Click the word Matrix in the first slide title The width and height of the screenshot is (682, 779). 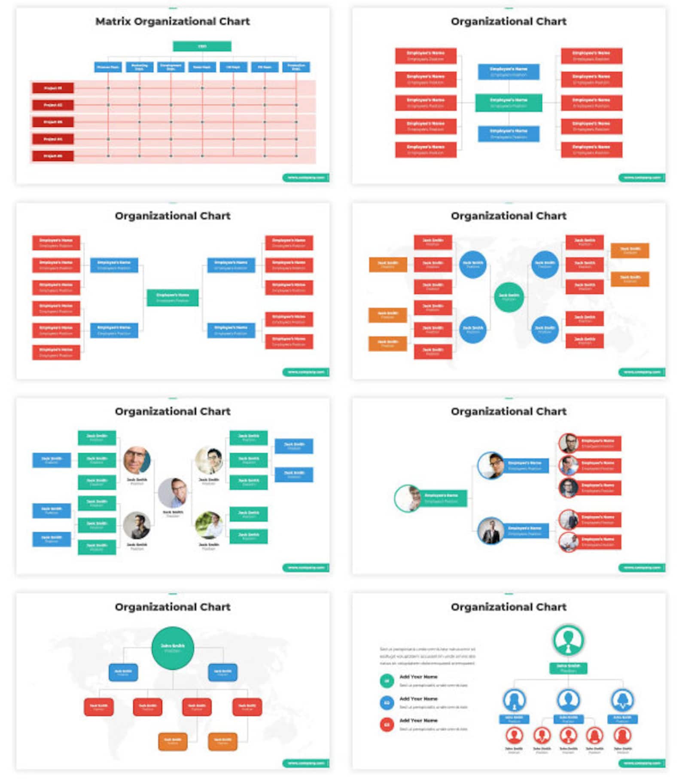point(113,21)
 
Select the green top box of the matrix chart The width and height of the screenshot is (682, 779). point(202,46)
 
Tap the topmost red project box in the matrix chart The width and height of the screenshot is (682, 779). point(53,88)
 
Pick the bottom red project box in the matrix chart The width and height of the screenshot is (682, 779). point(53,156)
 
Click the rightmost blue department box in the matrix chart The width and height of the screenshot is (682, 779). point(296,67)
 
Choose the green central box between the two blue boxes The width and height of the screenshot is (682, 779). point(508,103)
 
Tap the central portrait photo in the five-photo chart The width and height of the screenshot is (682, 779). point(173,492)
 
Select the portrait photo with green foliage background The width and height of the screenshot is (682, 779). point(209,525)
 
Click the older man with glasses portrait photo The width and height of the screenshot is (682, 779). point(137,460)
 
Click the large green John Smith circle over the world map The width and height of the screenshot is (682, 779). point(173,648)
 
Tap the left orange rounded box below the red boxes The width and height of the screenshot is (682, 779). point(173,742)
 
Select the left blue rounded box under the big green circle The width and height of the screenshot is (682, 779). point(123,672)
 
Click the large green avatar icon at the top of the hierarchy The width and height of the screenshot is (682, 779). point(568,640)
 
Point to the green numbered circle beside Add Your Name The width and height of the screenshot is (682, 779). point(387,681)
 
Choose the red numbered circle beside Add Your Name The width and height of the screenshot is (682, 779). point(387,725)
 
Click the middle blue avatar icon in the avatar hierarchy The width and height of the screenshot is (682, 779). point(568,700)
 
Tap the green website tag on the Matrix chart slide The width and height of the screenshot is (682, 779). point(306,177)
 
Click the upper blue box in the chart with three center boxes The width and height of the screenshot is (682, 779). point(508,72)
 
